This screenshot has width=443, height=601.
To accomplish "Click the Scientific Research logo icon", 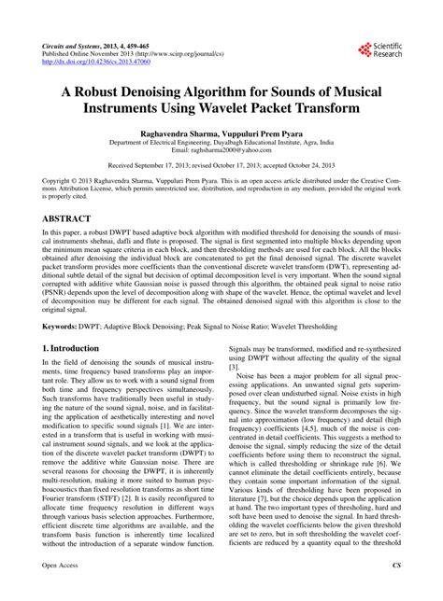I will point(363,48).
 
